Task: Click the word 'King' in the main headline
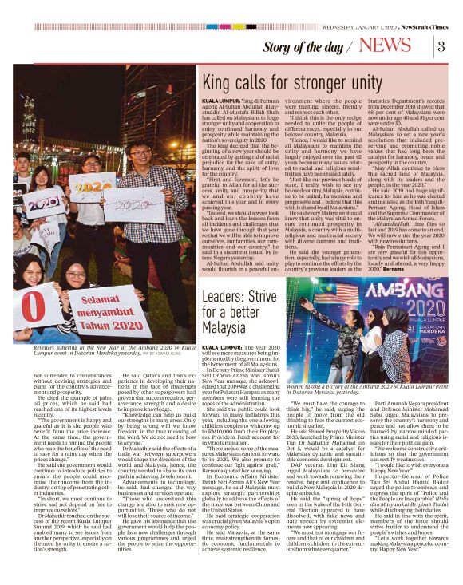[219, 83]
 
